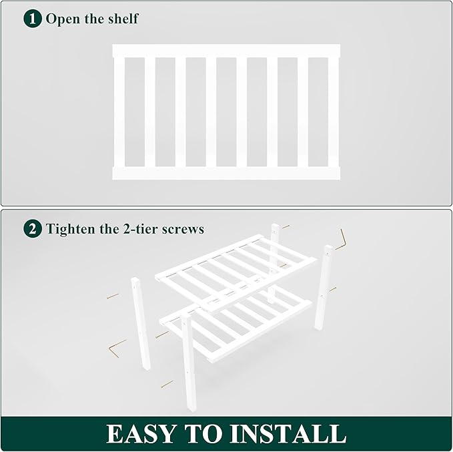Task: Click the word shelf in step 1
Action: [123, 19]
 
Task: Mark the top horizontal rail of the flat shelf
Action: [226, 51]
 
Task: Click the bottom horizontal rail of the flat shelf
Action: [226, 174]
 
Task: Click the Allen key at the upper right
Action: [343, 238]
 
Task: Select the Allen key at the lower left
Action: [117, 348]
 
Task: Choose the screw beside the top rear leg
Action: [286, 227]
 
